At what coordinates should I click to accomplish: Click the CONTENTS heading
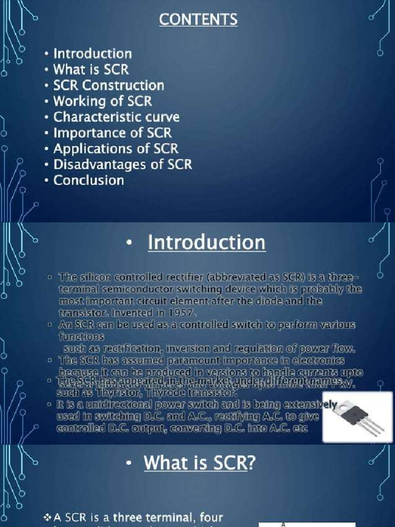tap(198, 20)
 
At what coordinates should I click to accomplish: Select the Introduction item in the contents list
tap(93, 54)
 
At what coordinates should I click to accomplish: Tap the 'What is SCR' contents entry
tap(91, 69)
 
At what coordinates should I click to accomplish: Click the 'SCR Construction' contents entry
tap(109, 85)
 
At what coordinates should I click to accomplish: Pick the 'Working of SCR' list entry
tap(103, 101)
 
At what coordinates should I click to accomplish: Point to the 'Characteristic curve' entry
tap(116, 117)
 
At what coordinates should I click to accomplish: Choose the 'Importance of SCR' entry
tap(113, 133)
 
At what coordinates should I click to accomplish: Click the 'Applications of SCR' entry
tap(116, 149)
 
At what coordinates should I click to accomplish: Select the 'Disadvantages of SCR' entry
tap(122, 165)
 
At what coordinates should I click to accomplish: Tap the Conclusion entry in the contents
tap(89, 181)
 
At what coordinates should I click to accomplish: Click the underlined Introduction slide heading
tap(207, 243)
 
